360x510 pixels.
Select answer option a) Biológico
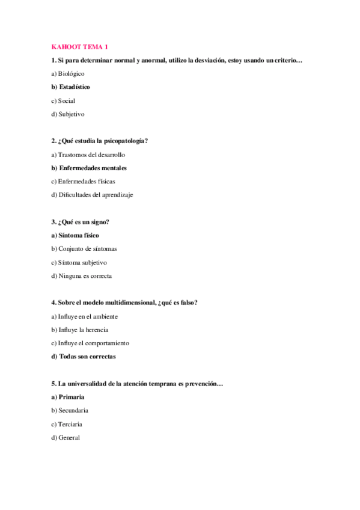pos(68,73)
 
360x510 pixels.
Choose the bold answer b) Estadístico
pos(70,87)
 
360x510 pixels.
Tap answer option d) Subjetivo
pos(68,114)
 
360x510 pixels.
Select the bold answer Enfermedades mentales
pos(93,168)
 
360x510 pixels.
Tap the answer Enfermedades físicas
pos(87,181)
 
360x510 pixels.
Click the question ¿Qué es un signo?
pos(84,222)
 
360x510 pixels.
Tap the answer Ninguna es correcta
pos(85,276)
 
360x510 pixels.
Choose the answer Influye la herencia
pos(83,330)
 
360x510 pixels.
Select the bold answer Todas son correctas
pos(87,357)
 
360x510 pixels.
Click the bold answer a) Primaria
pos(68,397)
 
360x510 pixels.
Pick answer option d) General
pos(66,438)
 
